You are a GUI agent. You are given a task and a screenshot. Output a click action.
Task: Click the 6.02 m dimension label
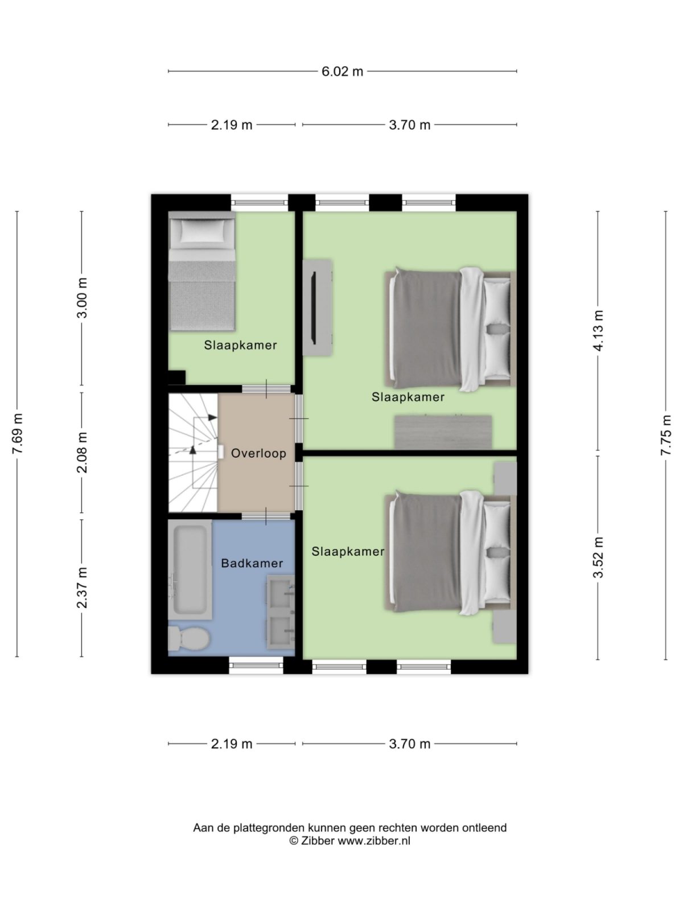[342, 72]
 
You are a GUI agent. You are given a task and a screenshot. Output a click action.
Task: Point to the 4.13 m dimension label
[598, 331]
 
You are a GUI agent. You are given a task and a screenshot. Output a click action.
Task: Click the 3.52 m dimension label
[598, 557]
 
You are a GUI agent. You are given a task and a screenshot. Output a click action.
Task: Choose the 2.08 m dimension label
[82, 452]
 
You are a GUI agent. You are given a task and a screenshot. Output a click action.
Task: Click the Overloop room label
[258, 454]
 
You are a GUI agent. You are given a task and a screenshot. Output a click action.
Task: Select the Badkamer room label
[252, 563]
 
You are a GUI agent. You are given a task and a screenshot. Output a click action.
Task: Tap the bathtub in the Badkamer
[190, 569]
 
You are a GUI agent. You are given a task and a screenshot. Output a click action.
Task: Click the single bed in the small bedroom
[201, 272]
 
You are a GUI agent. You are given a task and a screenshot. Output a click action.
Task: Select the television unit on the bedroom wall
[317, 308]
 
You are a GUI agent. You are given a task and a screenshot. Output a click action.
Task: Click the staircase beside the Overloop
[193, 453]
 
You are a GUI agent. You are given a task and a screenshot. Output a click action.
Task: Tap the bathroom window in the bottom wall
[256, 665]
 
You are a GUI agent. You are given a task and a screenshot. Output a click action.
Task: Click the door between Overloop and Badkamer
[266, 516]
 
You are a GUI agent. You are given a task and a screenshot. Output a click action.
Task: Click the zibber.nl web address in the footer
[374, 841]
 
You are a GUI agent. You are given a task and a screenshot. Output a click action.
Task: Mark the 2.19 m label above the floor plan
[232, 125]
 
